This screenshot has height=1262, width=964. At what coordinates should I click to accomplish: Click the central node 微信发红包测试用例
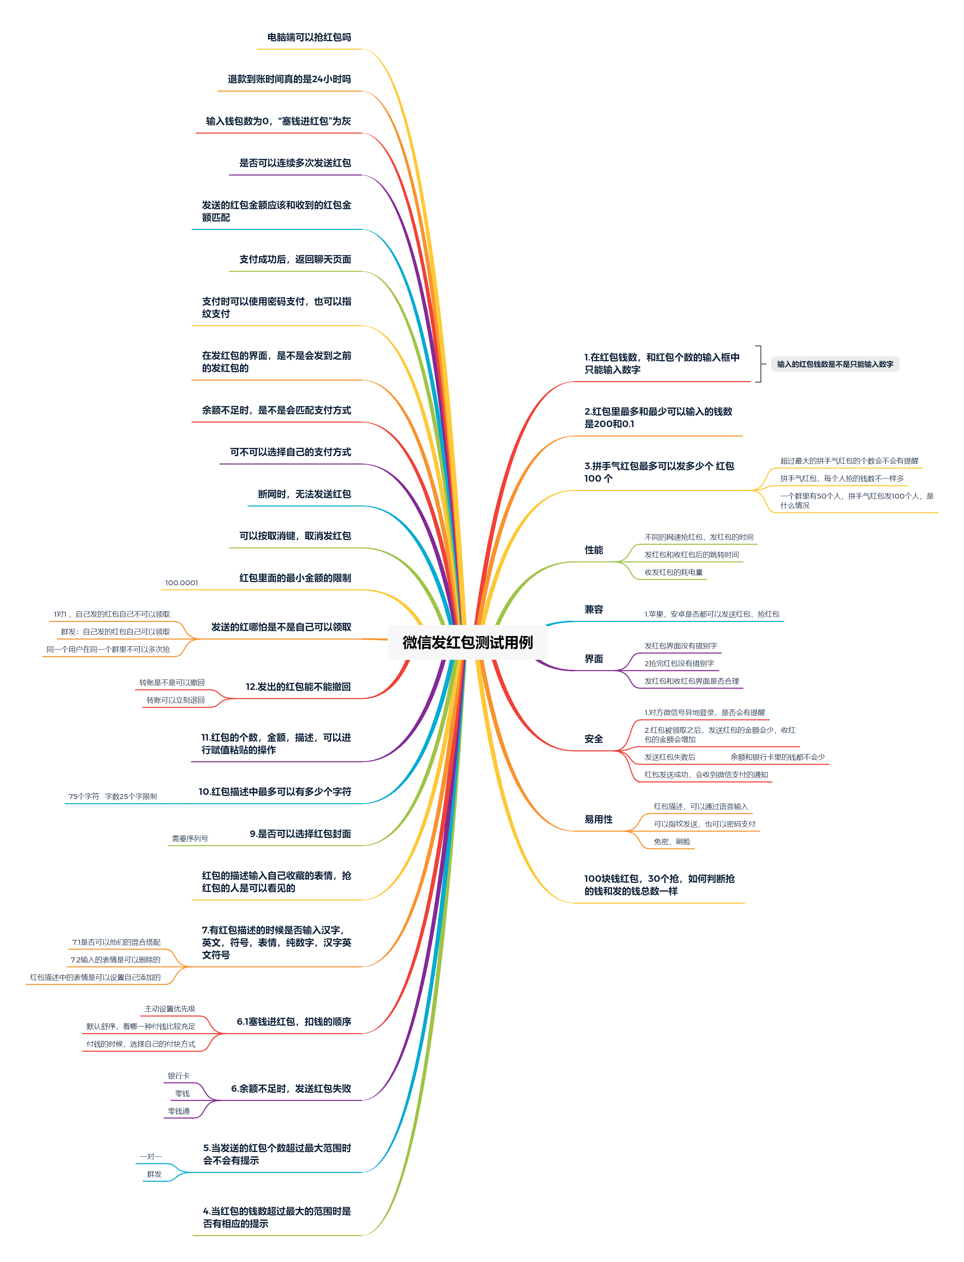467,642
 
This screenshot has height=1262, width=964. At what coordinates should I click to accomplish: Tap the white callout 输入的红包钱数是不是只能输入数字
835,364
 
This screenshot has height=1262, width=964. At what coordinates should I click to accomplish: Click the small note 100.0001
181,582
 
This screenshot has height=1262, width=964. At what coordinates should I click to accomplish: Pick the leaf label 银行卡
178,1076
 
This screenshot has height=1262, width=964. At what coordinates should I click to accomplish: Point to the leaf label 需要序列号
190,838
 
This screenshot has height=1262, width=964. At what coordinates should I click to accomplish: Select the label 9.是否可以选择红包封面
300,834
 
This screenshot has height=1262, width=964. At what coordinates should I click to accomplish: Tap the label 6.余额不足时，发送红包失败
291,1088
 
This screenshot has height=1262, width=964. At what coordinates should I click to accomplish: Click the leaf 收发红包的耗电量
673,572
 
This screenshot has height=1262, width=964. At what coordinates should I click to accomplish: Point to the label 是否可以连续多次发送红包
295,163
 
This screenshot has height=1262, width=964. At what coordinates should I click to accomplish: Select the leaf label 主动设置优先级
170,1009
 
